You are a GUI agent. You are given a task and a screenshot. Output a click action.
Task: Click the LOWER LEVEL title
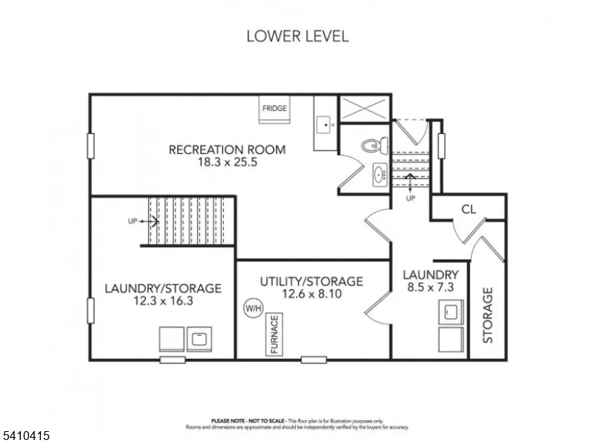click(x=297, y=36)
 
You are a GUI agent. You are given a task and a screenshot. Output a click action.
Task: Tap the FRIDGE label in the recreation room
click(x=274, y=109)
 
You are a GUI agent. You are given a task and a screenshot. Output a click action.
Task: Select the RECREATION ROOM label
click(x=227, y=149)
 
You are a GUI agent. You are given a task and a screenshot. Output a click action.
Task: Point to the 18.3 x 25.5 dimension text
click(x=226, y=163)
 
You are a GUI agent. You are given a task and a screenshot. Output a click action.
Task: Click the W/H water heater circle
click(x=253, y=306)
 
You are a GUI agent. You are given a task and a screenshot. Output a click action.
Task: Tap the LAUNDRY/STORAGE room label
click(x=162, y=288)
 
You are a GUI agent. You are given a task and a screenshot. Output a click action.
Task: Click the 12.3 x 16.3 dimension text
click(x=162, y=302)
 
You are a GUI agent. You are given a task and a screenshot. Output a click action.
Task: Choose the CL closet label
click(x=468, y=209)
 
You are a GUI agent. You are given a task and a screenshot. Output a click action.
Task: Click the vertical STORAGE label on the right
click(x=488, y=314)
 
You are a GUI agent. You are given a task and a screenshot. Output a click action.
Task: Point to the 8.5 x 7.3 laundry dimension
click(x=431, y=286)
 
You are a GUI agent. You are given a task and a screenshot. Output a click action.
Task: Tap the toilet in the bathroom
click(x=371, y=145)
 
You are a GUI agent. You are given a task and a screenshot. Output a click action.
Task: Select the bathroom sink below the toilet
click(x=379, y=175)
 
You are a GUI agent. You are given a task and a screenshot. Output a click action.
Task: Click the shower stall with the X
click(x=364, y=109)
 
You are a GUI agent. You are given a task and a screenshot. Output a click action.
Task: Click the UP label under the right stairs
click(x=410, y=198)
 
